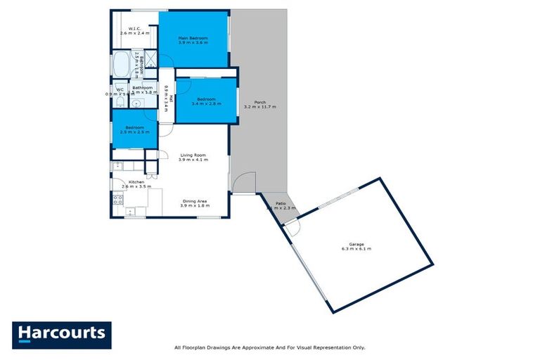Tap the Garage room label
pos(356,243)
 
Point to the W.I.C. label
pos(135,28)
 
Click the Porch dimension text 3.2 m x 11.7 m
pos(259,107)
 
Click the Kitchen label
pos(136,182)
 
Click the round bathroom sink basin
pos(136,103)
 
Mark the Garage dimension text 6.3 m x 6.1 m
pos(356,249)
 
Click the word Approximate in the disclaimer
pos(249,347)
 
